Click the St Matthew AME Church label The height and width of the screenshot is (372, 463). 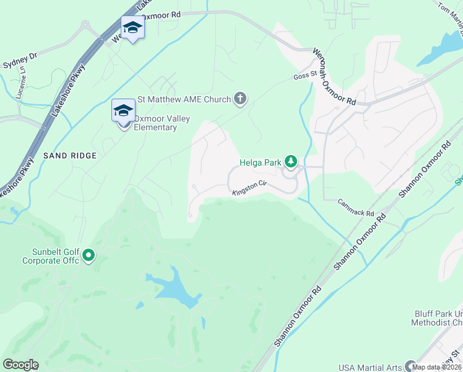click(183, 99)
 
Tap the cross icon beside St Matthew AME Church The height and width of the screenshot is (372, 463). click(240, 99)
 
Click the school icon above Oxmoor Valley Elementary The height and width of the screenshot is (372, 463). click(123, 110)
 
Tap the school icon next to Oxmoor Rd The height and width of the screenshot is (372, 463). click(132, 27)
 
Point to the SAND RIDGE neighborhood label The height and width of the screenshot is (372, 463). click(70, 156)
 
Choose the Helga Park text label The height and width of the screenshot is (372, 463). click(260, 163)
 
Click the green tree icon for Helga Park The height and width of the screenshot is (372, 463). click(290, 162)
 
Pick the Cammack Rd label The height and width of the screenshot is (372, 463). click(357, 208)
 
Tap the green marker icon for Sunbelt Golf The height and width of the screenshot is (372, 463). click(89, 255)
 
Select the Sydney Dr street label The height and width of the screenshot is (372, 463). click(20, 60)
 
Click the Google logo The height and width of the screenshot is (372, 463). click(20, 365)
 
